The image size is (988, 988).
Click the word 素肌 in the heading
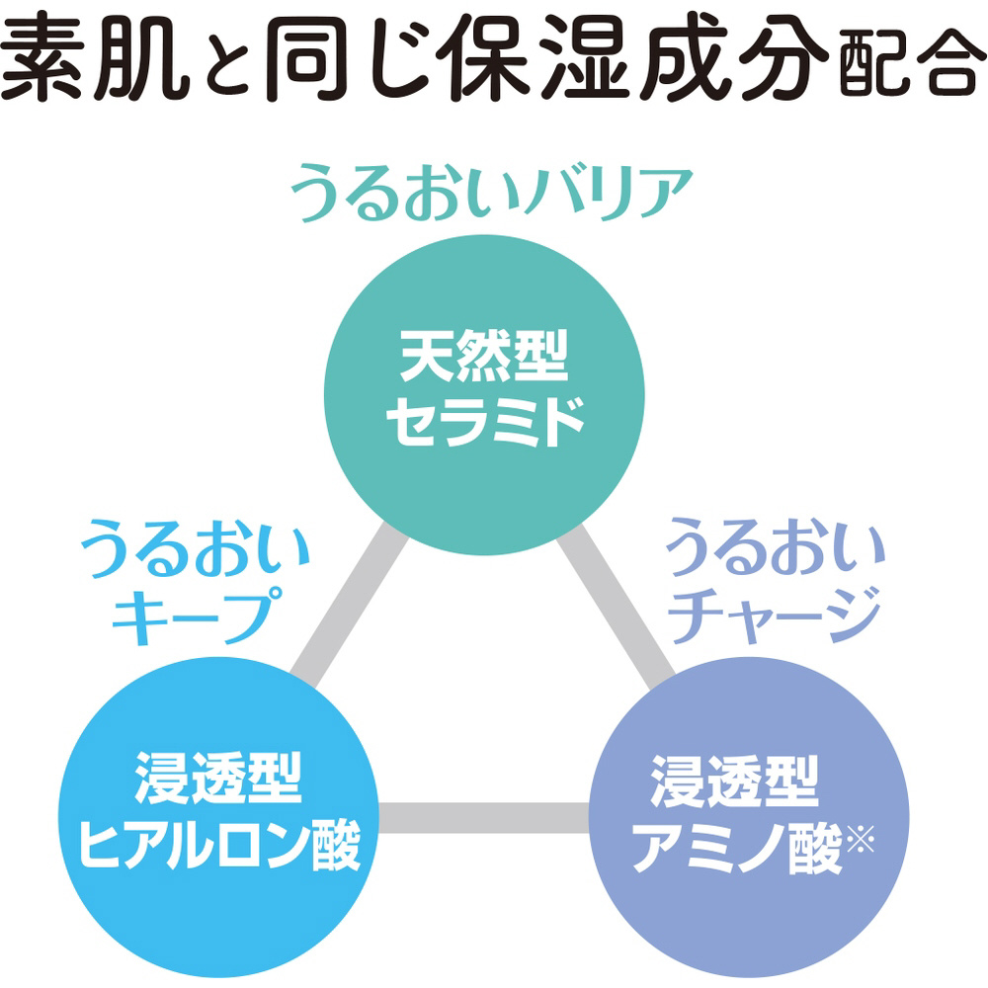95,56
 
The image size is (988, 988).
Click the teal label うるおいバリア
491,193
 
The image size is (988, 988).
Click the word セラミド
485,422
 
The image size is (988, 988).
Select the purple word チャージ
775,615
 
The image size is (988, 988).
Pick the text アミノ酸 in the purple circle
737,847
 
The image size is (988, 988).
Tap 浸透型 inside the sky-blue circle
218,779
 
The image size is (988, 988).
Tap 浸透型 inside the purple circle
735,781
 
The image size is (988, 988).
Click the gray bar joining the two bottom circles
484,817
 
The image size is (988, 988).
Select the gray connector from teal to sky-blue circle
351,606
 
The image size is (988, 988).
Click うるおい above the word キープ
196,547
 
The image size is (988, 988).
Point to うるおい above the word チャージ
776,546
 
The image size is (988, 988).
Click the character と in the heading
222,66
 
